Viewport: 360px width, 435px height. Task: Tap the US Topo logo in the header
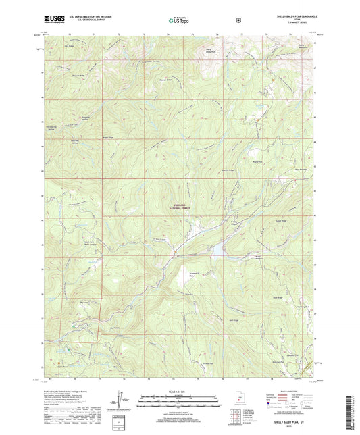[178, 21]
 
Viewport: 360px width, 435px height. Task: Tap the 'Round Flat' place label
[257, 161]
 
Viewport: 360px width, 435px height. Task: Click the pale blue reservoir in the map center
[217, 253]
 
